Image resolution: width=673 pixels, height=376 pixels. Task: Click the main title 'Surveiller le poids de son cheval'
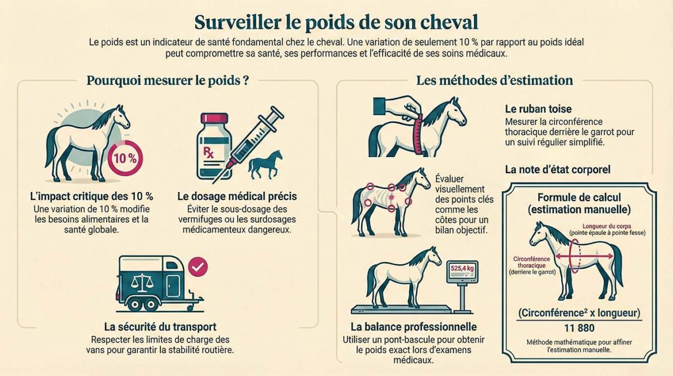336,22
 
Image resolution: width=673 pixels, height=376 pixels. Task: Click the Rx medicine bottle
214,146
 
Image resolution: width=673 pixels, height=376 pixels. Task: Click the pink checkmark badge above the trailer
197,267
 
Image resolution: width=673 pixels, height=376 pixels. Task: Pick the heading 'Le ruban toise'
538,109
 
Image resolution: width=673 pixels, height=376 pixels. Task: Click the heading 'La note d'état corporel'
557,169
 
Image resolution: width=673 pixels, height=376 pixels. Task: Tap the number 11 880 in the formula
579,328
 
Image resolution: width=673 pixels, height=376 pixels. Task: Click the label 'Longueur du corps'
607,226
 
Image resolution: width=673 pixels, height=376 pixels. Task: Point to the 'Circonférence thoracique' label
532,262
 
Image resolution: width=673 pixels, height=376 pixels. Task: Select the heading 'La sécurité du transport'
160,327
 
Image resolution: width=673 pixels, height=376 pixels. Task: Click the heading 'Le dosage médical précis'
237,196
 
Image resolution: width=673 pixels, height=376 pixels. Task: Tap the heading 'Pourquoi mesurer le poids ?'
168,81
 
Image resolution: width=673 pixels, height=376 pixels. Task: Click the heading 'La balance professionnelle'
414,327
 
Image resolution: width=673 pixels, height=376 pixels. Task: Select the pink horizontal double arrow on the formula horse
584,256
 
